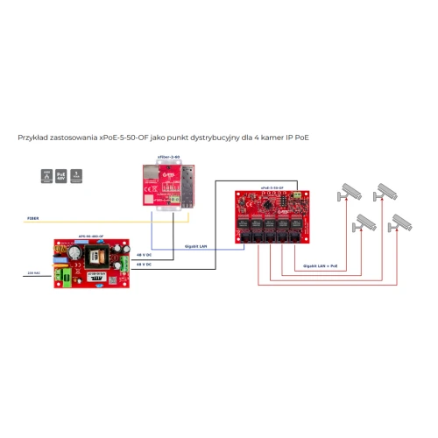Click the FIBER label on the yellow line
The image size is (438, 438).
[x=32, y=218]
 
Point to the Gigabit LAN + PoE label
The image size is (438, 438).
[x=321, y=264]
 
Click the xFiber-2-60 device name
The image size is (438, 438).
[x=168, y=157]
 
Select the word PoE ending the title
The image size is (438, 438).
[x=302, y=138]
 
